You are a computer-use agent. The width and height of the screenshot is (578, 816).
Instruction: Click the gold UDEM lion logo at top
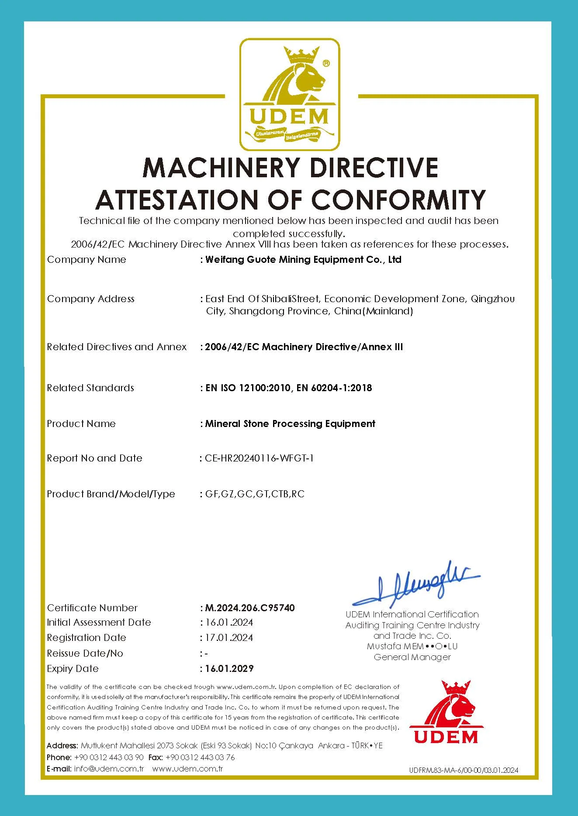290,94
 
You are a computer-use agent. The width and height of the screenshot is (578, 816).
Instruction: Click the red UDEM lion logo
446,712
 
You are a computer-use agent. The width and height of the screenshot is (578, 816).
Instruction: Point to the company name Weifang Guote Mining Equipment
303,260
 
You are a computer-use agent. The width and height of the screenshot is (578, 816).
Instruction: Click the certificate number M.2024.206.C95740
250,608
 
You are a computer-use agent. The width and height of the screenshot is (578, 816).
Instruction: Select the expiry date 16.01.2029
229,668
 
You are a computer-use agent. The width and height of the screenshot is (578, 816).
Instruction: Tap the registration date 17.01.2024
229,638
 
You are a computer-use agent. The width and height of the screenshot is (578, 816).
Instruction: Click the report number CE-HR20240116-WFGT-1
260,458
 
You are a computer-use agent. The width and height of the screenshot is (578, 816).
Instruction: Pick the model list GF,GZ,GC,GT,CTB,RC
255,494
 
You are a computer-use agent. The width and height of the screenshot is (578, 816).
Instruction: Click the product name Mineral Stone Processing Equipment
290,424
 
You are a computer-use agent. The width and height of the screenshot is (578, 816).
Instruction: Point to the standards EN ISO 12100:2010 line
288,388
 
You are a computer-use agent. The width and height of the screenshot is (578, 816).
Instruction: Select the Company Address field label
91,299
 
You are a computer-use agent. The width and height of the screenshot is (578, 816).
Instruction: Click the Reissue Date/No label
85,654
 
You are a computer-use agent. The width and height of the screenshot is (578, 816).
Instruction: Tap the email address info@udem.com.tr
109,769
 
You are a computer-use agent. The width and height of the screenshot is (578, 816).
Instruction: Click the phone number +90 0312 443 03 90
109,757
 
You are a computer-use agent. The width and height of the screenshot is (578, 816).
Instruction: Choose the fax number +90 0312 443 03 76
200,757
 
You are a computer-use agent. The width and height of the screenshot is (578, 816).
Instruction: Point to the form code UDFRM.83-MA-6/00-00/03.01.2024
464,770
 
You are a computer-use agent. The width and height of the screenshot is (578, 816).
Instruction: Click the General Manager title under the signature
412,657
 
